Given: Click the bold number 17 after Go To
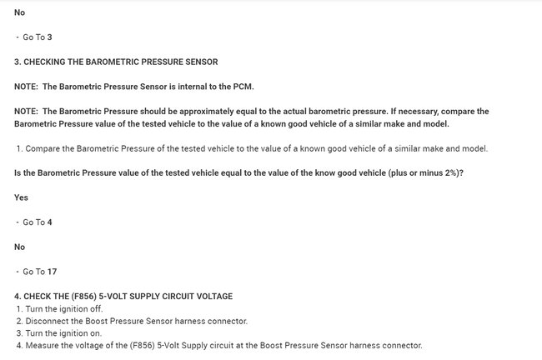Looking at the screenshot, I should [53, 272].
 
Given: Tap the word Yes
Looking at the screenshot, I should [22, 197].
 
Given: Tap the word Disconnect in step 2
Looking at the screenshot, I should [46, 321].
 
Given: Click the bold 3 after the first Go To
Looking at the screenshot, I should [50, 37].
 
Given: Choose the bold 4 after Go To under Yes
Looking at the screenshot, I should [50, 222].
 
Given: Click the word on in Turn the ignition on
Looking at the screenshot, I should [96, 332].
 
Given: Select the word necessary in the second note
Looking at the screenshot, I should [415, 111].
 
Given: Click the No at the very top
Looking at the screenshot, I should [20, 13].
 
